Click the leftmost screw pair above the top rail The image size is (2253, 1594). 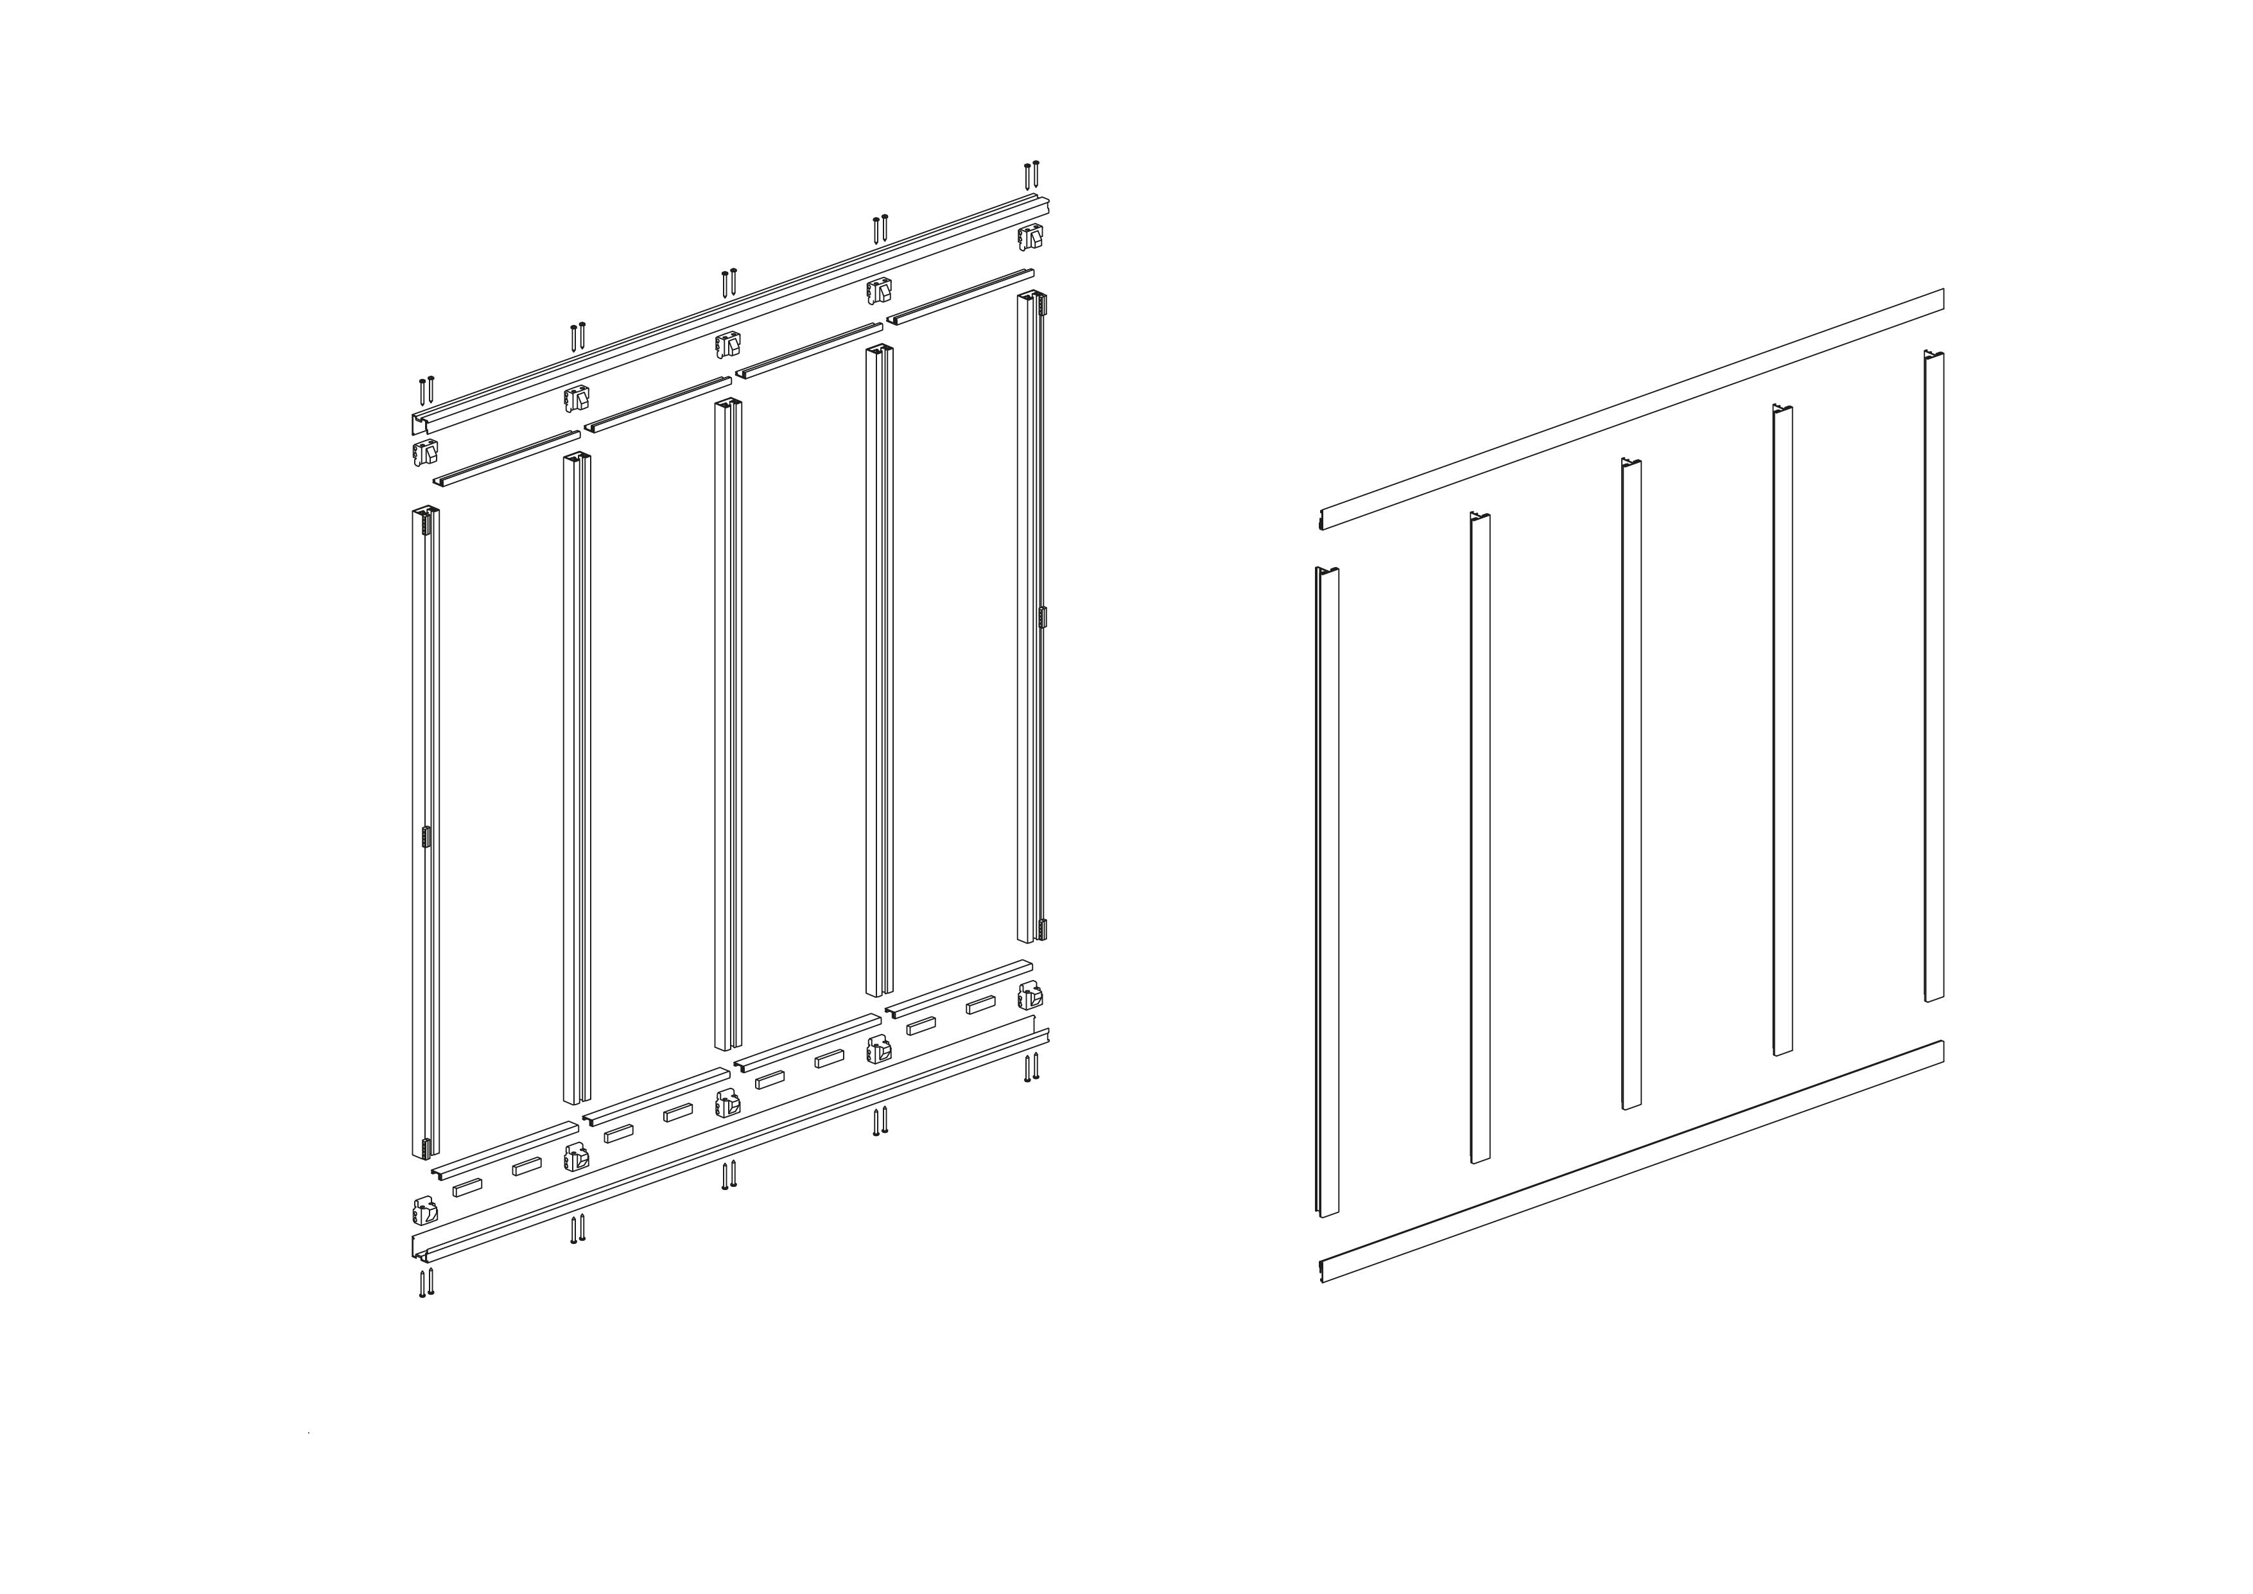[x=425, y=390]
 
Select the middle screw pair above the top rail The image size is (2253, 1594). [x=728, y=283]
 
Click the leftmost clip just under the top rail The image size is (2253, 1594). [x=425, y=453]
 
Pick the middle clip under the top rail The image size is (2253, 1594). [x=727, y=344]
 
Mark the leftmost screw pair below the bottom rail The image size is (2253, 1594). [x=426, y=1284]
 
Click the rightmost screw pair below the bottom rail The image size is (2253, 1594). [x=1031, y=1067]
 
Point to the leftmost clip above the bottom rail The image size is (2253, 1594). [x=425, y=1210]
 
